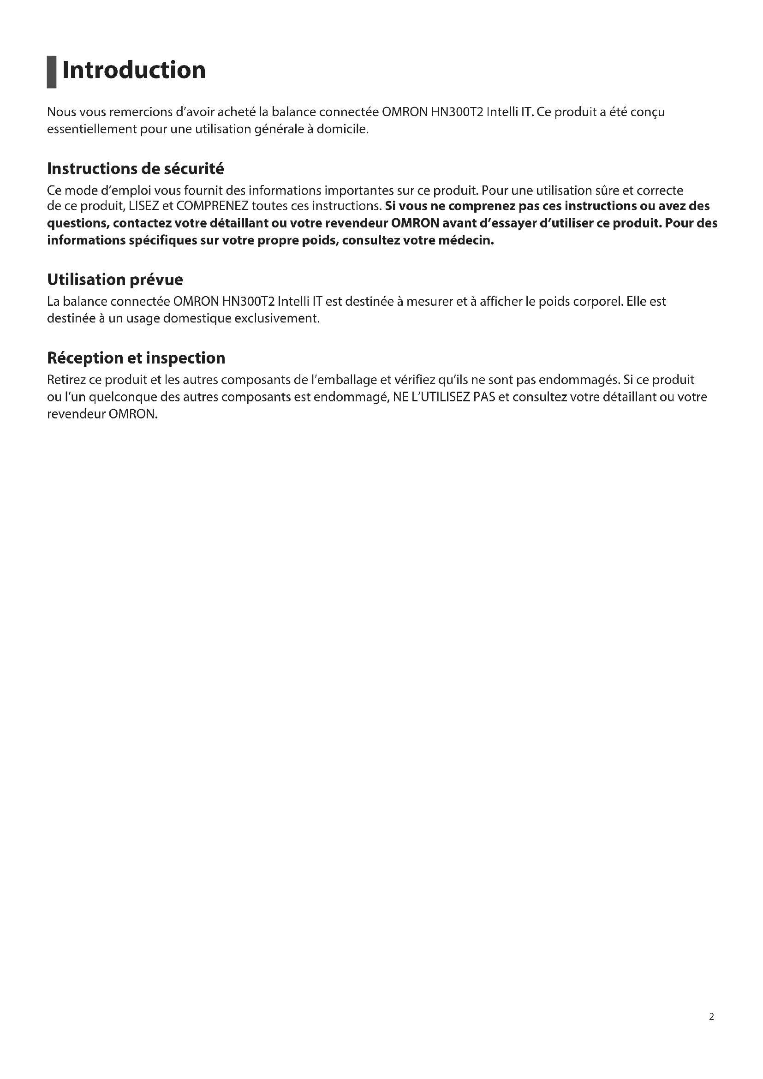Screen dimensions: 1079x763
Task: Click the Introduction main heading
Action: [134, 71]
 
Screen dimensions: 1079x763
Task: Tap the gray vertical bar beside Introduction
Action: [51, 72]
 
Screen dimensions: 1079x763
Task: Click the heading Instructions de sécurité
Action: [135, 168]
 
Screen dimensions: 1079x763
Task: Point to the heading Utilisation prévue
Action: [115, 280]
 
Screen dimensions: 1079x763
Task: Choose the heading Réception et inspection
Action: [136, 358]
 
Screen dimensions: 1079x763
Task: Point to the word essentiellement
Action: [91, 129]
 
